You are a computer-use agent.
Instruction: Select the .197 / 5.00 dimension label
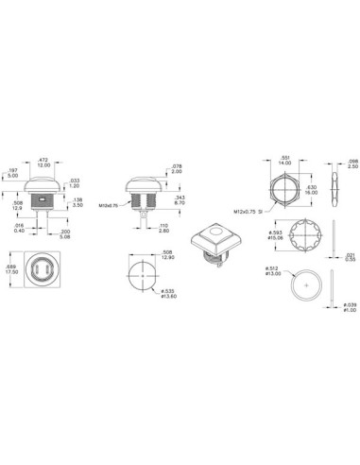tap(12, 173)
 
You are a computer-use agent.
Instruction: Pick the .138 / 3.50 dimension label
tap(78, 202)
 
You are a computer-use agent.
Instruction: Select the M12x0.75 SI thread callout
tap(247, 209)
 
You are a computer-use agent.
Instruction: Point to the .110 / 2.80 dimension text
tap(163, 228)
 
